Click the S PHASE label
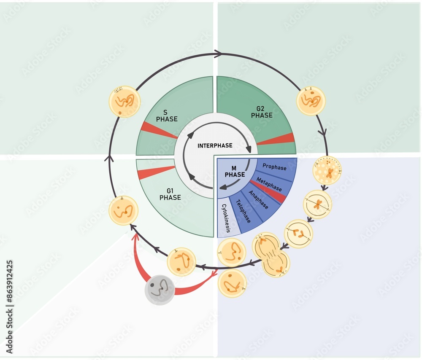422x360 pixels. [x=167, y=116]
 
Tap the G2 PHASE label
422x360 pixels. [x=262, y=112]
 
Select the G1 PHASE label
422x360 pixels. [x=170, y=194]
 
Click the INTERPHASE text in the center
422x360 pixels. [x=215, y=145]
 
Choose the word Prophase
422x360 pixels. [x=274, y=167]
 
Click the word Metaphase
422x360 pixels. [x=269, y=183]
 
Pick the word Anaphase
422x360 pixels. [x=258, y=199]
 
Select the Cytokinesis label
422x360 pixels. [x=226, y=218]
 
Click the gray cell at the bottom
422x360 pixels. [x=160, y=290]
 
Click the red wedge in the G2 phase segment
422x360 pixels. [x=276, y=139]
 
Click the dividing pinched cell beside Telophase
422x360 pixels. [x=271, y=255]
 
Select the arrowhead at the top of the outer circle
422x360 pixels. [x=218, y=54]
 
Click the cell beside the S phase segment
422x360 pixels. [x=124, y=102]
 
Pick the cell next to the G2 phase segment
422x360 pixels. [x=311, y=101]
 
